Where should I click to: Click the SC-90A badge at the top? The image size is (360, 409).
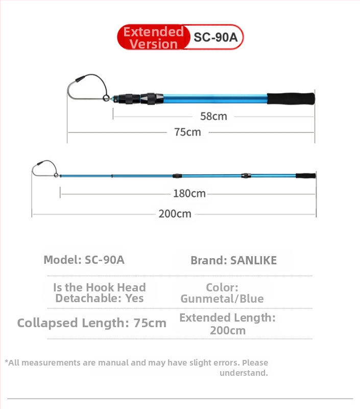pyautogui.click(x=212, y=37)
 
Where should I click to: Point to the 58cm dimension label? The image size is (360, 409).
pyautogui.click(x=213, y=116)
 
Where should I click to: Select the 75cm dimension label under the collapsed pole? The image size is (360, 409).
pyautogui.click(x=187, y=132)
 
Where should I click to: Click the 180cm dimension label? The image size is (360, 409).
pyautogui.click(x=189, y=193)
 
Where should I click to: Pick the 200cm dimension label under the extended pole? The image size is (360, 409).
pyautogui.click(x=175, y=214)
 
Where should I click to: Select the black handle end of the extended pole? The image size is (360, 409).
pyautogui.click(x=305, y=175)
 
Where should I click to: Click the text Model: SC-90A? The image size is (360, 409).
pyautogui.click(x=84, y=260)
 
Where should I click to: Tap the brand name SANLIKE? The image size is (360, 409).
pyautogui.click(x=253, y=260)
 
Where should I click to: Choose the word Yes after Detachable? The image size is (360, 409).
pyautogui.click(x=134, y=299)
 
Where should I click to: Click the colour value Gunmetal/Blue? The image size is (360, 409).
pyautogui.click(x=222, y=299)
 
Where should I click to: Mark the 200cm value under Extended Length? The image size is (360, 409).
pyautogui.click(x=227, y=330)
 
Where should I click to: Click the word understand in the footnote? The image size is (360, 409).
pyautogui.click(x=244, y=373)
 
